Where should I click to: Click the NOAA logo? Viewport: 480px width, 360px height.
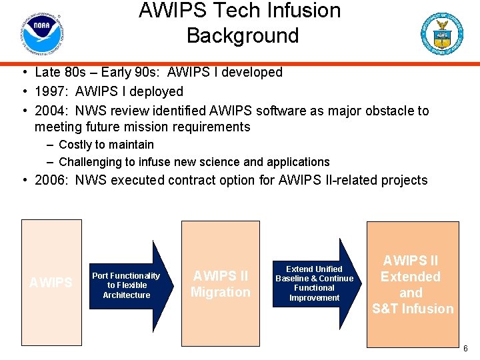41,34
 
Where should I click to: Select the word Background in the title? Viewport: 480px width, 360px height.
243,35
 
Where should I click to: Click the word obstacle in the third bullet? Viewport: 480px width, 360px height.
386,111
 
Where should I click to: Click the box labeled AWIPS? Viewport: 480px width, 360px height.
51,283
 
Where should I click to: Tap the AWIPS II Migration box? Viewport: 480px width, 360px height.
221,283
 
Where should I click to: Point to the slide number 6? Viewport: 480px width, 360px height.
465,349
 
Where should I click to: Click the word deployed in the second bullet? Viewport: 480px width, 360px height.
159,91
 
